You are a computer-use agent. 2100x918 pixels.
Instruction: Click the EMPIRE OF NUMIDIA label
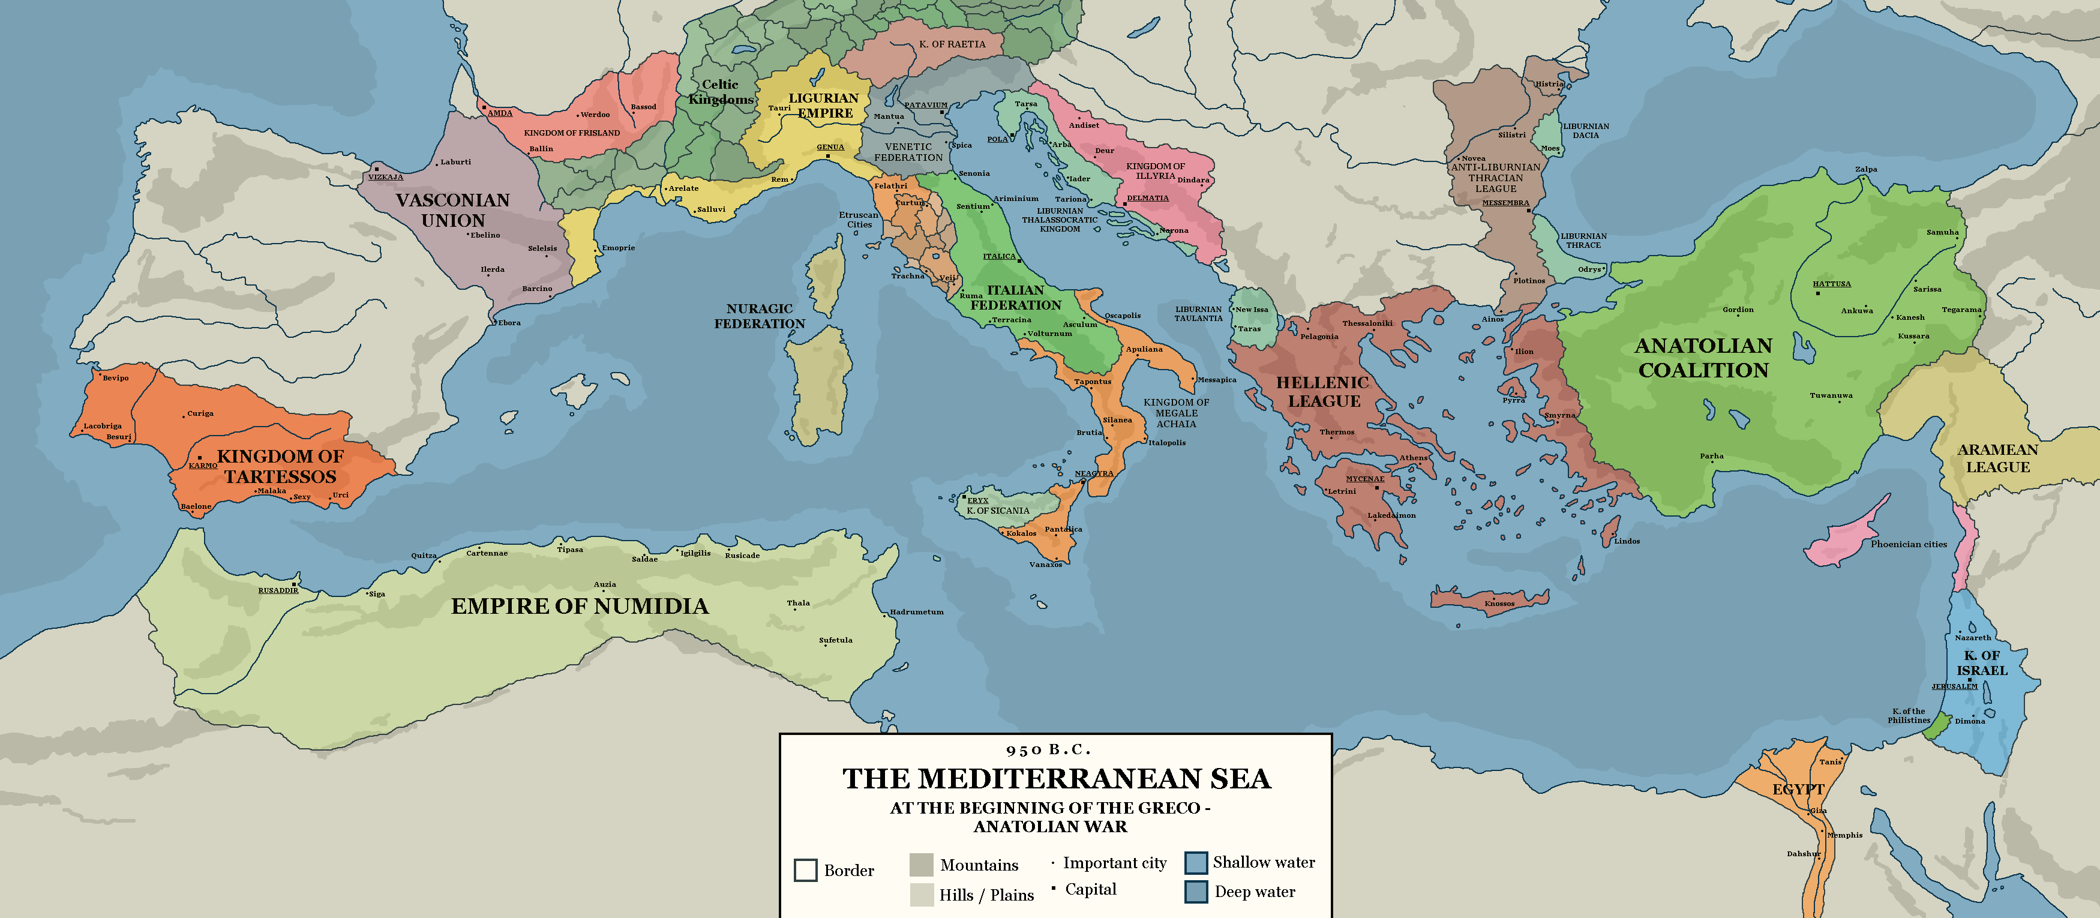pos(580,606)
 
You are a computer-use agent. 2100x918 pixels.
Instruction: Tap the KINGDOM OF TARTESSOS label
pos(280,466)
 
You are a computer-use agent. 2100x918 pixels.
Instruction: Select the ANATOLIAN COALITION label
pos(1703,358)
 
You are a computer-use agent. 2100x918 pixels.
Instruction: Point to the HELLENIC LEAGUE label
pos(1323,392)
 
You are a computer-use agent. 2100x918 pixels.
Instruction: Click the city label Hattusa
pos(1831,284)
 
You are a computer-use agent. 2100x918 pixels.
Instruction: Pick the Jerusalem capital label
pos(1954,686)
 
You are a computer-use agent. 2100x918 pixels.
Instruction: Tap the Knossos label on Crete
pos(1499,604)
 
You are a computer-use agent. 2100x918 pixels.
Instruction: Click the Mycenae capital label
pos(1364,479)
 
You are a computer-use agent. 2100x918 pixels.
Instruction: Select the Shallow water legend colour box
pos(1195,863)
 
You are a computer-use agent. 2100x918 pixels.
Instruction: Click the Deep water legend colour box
pos(1195,892)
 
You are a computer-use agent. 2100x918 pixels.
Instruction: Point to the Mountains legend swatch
pos(920,865)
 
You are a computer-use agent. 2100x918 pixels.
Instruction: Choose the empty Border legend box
pos(805,870)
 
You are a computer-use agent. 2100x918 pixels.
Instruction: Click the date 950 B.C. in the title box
pos(1048,750)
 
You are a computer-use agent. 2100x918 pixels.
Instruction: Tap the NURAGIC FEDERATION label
pos(759,316)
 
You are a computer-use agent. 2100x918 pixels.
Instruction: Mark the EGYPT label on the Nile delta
pos(1798,789)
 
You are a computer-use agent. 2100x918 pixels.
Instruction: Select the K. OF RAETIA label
pos(952,44)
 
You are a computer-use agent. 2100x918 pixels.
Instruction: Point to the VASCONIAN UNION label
pos(452,211)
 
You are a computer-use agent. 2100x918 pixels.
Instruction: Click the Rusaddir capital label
pos(278,590)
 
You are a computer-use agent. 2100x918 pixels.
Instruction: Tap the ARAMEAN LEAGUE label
pos(1997,458)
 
